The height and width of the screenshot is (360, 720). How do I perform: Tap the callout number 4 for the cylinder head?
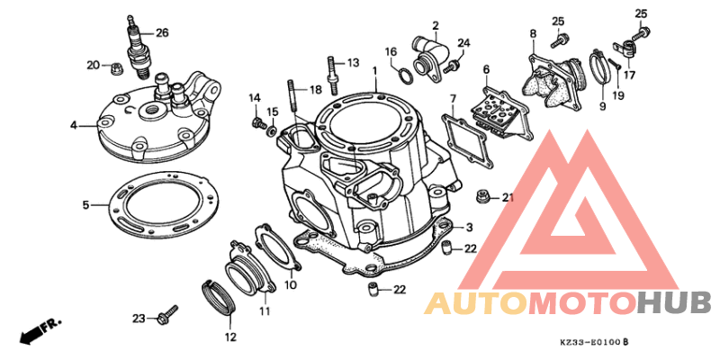point(74,125)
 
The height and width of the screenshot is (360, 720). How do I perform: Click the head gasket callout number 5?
point(86,205)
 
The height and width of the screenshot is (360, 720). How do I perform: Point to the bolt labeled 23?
point(165,317)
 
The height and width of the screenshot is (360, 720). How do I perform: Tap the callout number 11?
point(265,311)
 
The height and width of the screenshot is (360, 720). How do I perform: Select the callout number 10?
point(290,285)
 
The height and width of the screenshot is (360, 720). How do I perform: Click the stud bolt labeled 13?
point(334,71)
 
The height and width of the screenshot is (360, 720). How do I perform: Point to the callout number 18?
point(315,90)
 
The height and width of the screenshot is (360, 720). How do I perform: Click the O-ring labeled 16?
point(406,72)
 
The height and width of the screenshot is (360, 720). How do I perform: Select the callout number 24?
point(463,43)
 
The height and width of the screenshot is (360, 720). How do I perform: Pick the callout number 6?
point(486,69)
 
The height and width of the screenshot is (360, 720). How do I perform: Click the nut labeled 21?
point(483,194)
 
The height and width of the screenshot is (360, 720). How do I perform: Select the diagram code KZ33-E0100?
point(589,343)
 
